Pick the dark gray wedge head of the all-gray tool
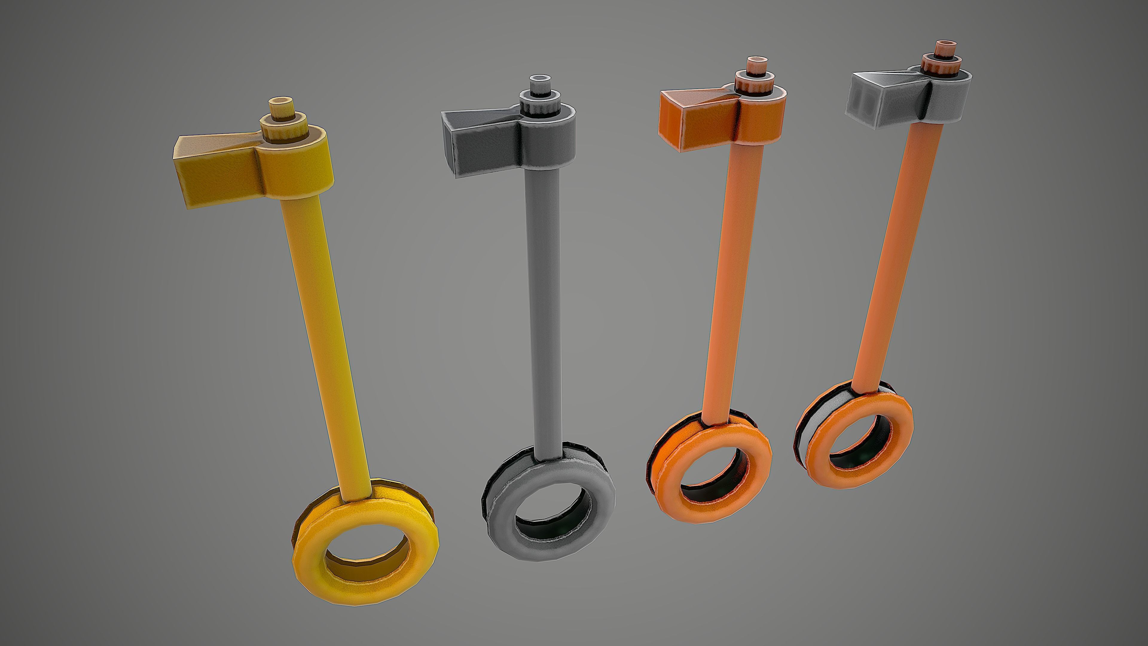point(477,138)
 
